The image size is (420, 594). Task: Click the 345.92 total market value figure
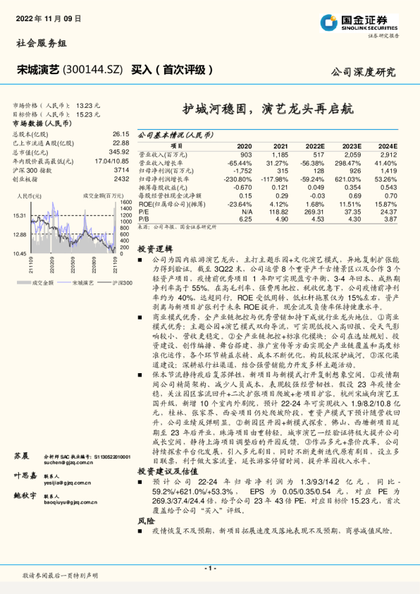[x=118, y=152]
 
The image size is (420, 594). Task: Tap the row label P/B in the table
[x=144, y=220]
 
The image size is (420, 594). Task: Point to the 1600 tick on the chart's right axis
[x=126, y=202]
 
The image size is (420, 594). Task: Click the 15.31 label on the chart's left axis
[x=19, y=216]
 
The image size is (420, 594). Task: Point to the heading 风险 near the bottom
[x=145, y=520]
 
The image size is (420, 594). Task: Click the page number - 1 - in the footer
[x=210, y=567]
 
